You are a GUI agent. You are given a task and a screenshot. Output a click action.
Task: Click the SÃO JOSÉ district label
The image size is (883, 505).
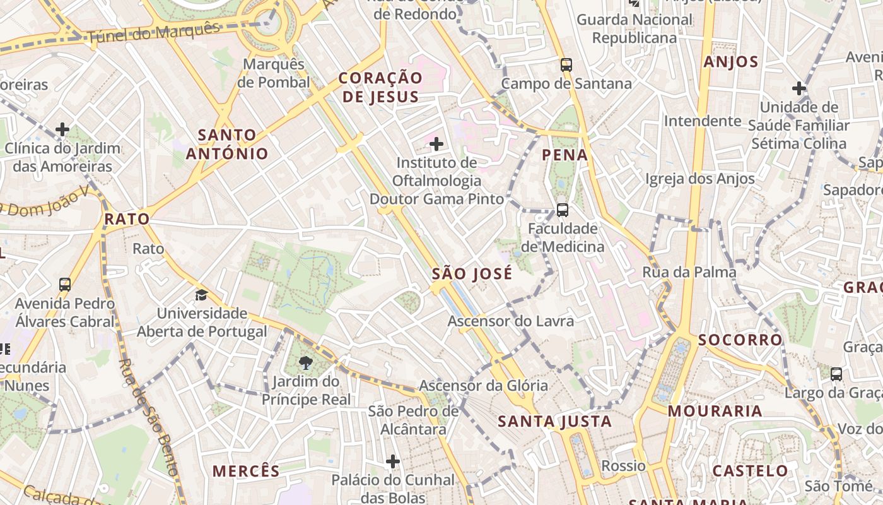click(x=472, y=274)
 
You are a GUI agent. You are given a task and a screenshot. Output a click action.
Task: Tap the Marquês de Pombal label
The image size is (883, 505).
click(x=277, y=73)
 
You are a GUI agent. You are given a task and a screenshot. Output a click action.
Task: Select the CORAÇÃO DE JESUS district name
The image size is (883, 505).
click(x=380, y=87)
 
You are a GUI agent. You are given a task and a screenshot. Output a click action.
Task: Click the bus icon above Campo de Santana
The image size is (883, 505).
click(x=566, y=64)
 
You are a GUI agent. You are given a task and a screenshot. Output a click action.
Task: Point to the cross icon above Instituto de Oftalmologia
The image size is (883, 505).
click(x=436, y=144)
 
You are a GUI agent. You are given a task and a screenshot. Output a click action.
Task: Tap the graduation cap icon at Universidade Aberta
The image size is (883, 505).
click(x=201, y=295)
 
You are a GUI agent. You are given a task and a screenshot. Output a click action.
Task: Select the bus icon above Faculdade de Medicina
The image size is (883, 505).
click(x=562, y=210)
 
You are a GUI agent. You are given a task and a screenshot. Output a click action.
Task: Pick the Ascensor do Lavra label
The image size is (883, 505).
click(x=510, y=321)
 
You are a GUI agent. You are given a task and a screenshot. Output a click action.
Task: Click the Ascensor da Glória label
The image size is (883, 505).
click(x=483, y=386)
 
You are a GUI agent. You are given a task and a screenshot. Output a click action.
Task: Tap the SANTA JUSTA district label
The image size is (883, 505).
click(x=554, y=421)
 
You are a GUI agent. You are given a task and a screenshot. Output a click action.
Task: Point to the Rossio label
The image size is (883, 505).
click(x=623, y=466)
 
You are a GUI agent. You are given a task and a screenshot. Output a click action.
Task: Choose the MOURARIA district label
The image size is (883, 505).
click(x=715, y=411)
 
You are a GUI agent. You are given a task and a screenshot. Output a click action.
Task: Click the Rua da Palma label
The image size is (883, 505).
click(x=689, y=272)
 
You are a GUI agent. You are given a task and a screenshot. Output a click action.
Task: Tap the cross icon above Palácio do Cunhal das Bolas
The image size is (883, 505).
click(x=392, y=461)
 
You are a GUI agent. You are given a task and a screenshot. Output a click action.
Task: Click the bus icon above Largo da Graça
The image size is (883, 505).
click(x=836, y=374)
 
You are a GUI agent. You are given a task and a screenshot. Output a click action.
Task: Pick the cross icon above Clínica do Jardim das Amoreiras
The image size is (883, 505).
click(x=62, y=129)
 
